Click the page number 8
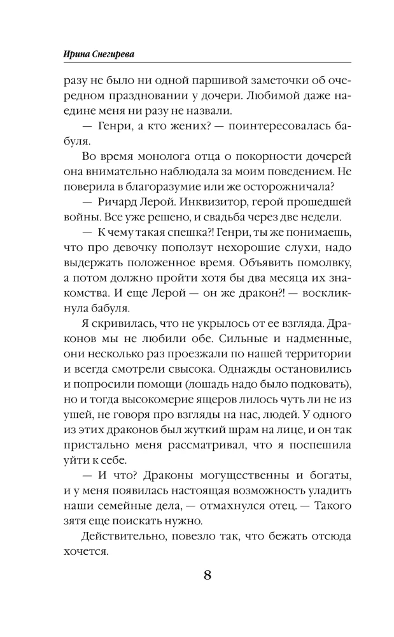[x=207, y=575]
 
